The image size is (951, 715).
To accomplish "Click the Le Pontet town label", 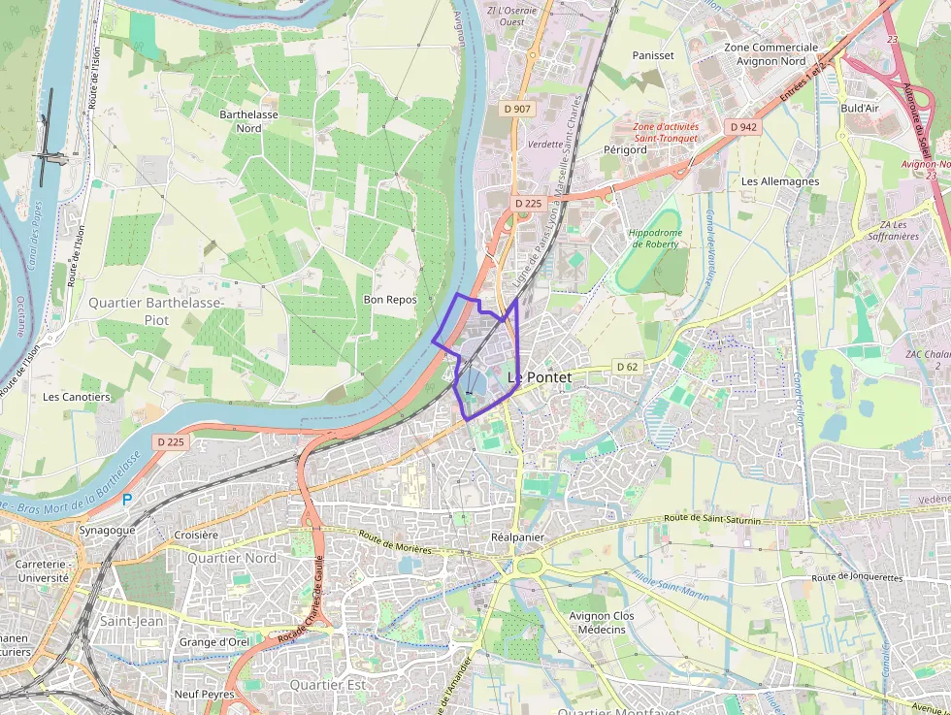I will (540, 376).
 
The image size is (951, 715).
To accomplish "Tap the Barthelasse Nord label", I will (241, 120).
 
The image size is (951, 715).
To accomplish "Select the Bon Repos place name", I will (389, 300).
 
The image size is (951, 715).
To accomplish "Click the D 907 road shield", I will (517, 109).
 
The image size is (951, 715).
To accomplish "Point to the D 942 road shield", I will (743, 127).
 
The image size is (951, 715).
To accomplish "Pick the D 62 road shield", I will (627, 367).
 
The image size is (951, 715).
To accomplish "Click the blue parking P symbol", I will (126, 500).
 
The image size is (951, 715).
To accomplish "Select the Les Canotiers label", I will (77, 397).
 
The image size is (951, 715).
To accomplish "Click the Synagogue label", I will (107, 531).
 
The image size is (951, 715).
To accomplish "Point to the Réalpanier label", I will (517, 536).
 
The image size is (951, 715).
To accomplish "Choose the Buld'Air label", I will (860, 108).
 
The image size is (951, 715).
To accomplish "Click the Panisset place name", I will (652, 55).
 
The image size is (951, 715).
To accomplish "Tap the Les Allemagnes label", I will (780, 181).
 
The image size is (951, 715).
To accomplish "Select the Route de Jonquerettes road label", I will (857, 577).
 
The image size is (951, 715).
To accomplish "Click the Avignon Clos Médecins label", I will (601, 623).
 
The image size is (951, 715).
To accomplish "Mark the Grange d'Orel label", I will (214, 642).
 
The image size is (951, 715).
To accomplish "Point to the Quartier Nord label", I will (231, 558).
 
